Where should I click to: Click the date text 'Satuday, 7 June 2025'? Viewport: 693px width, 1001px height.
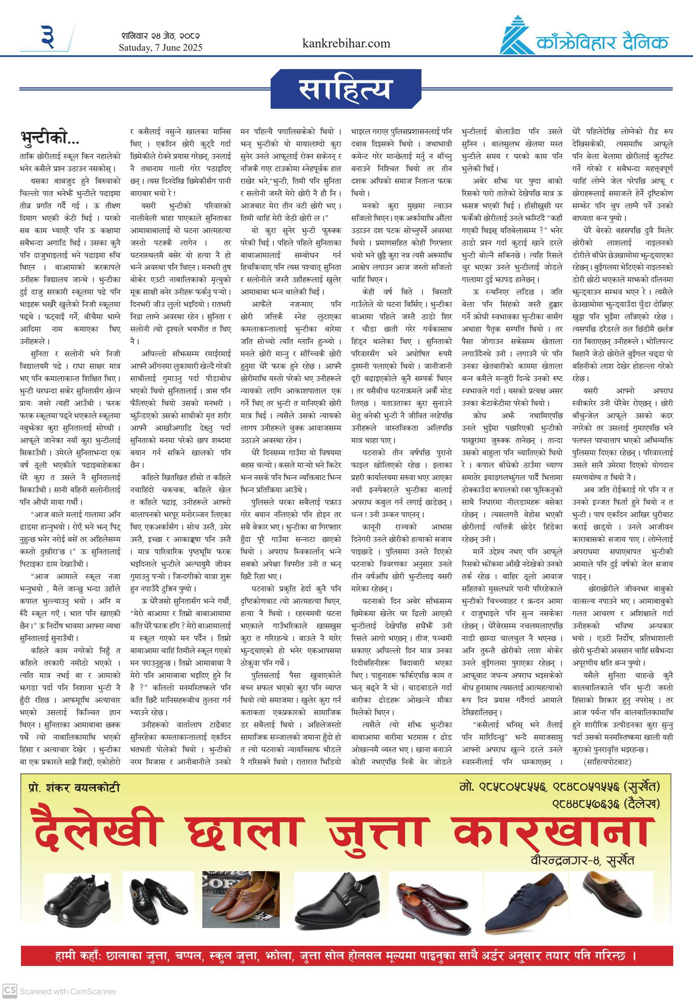tap(160, 47)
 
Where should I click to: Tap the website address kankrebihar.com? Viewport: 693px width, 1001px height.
tap(346, 43)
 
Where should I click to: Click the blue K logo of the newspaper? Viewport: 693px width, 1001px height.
tap(517, 37)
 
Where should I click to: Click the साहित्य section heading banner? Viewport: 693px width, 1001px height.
tap(346, 89)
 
